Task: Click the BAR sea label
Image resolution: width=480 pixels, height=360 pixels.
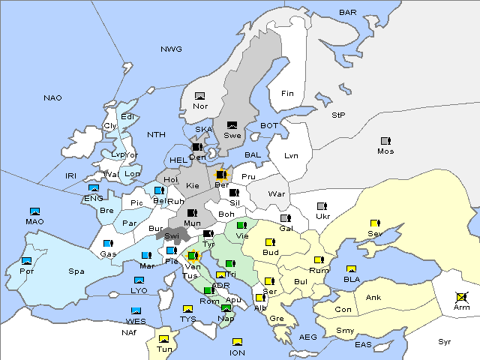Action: pos(348,13)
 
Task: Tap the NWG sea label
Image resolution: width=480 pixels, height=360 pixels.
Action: pos(171,49)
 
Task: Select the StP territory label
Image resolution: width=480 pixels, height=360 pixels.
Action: pos(338,115)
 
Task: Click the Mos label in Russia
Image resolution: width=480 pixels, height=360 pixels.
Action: pos(385,151)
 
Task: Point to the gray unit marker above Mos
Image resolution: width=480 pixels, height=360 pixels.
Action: pos(385,141)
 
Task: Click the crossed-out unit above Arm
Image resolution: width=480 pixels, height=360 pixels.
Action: pos(461,297)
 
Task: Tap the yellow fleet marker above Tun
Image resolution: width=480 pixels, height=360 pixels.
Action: pos(163,339)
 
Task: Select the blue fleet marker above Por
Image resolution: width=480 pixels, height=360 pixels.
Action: pos(27,261)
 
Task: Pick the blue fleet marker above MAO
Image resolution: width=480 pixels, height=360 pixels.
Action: pos(34,211)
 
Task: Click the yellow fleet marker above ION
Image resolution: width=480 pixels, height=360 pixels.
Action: pos(238,342)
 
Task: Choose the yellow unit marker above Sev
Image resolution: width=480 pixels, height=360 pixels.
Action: pos(375,223)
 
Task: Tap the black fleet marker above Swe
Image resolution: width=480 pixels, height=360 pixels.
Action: pos(232,125)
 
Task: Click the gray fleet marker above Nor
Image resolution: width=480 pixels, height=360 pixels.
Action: pos(199,96)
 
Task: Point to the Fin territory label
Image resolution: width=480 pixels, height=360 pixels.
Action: pos(286,94)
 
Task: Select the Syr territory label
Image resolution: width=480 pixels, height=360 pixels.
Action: pos(445,342)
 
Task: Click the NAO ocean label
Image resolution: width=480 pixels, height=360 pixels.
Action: pos(53,98)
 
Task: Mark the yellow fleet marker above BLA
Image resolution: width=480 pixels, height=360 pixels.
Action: pos(351,269)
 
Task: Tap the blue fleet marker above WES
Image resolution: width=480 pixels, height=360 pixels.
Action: pos(136,310)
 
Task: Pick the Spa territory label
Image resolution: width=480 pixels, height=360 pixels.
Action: pos(76,271)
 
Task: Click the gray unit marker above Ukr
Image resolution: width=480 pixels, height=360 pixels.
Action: pos(322,206)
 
